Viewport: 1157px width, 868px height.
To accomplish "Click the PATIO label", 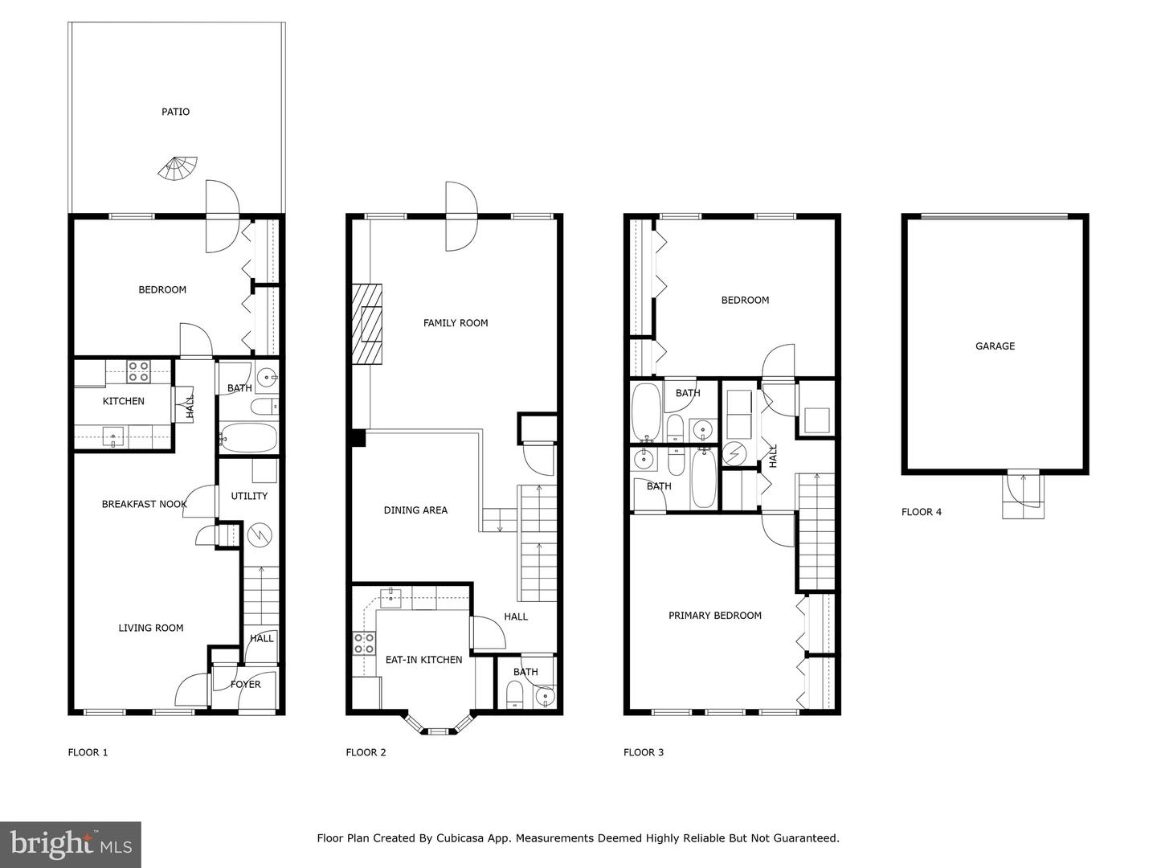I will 175,112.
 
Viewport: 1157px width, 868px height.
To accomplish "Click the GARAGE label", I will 995,346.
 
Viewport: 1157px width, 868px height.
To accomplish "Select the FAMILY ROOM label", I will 456,323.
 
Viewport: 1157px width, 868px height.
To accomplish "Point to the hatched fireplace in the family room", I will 368,325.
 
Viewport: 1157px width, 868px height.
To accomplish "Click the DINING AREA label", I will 415,510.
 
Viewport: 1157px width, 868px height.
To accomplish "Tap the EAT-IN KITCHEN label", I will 423,660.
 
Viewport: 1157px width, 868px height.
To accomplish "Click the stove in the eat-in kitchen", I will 364,642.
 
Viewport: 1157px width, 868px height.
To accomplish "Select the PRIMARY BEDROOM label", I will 715,616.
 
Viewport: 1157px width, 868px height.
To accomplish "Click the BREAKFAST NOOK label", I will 144,505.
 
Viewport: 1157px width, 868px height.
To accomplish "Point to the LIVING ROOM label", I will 151,628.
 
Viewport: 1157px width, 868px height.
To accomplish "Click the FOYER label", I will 245,685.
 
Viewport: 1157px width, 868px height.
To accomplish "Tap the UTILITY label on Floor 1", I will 249,496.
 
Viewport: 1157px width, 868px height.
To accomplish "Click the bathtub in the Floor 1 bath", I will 249,439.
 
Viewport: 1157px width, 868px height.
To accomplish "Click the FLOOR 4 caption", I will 922,512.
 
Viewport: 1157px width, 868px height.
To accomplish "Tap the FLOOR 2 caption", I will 366,753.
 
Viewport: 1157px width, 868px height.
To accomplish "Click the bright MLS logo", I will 71,844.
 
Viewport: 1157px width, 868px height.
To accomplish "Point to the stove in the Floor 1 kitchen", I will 138,371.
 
